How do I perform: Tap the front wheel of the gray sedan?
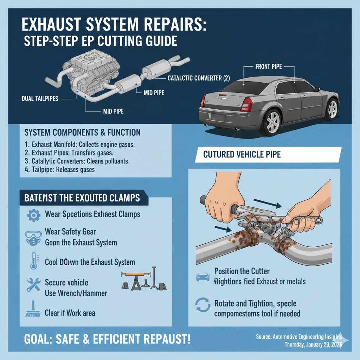click(332, 109)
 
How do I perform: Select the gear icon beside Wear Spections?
click(34, 214)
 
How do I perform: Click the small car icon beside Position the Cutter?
click(201, 277)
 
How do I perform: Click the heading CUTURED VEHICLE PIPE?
click(242, 155)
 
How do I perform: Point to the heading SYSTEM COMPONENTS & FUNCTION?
click(83, 133)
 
